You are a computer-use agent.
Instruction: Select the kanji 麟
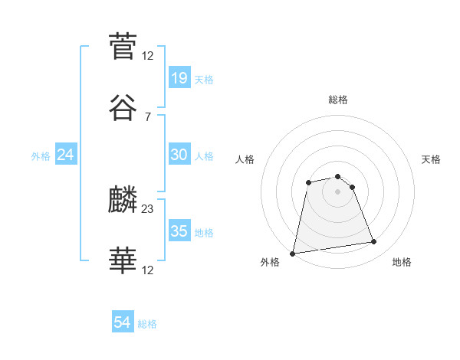tap(123, 200)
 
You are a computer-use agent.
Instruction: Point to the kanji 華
tap(123, 261)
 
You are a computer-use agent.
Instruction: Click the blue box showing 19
tap(179, 77)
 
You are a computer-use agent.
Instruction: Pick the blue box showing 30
tap(179, 154)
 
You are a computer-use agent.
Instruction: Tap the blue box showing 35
tap(179, 231)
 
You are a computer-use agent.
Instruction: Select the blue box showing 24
tap(66, 154)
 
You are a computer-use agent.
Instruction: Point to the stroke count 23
tap(148, 208)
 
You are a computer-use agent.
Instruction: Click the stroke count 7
tap(148, 116)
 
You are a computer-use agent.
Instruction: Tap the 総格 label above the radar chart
tap(338, 100)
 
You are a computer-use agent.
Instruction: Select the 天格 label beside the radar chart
tap(431, 159)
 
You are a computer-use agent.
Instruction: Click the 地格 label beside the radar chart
tap(402, 263)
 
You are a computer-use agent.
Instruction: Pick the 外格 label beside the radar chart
tap(270, 263)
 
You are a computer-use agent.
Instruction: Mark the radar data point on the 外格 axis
tap(293, 253)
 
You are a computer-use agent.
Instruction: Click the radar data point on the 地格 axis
tap(374, 242)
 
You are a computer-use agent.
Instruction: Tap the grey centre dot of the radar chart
tap(338, 191)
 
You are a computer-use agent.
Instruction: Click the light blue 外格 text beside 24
tap(41, 155)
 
